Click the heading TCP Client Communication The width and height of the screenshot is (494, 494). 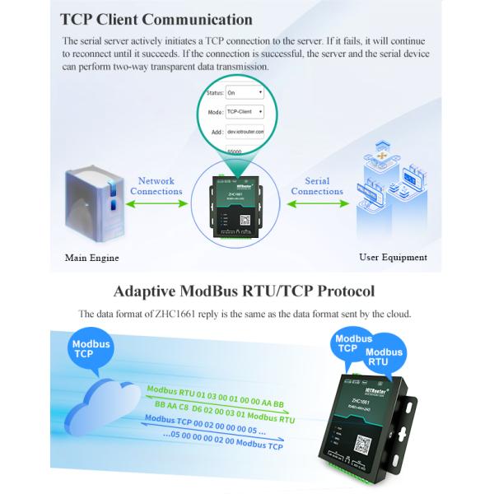click(x=156, y=19)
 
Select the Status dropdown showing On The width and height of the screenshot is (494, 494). click(x=244, y=93)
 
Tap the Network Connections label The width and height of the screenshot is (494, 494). click(x=156, y=186)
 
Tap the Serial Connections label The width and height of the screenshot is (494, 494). click(x=317, y=186)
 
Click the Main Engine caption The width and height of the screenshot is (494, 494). click(x=92, y=258)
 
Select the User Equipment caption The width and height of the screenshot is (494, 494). click(x=393, y=258)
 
